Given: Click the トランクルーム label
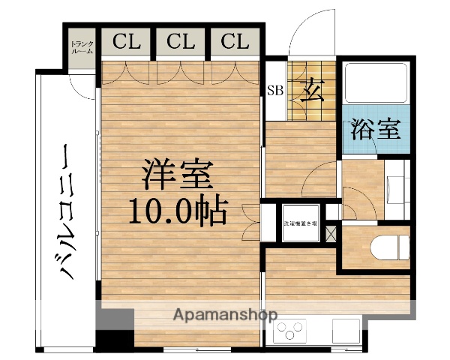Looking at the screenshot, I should point(81,47).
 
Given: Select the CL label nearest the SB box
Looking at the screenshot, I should point(235,41).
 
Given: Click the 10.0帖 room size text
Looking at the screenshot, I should point(178,213).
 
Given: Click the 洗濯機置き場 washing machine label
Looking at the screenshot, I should point(300,223).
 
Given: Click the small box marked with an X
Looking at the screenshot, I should point(331,232).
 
